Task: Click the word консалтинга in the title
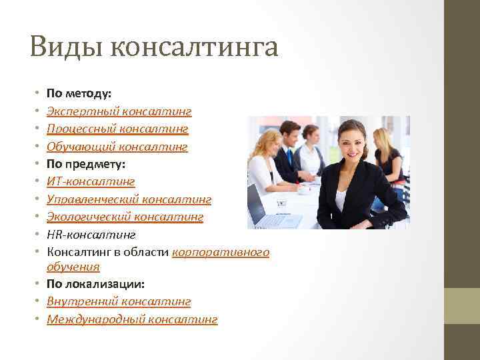click(x=193, y=47)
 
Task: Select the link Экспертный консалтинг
click(x=119, y=111)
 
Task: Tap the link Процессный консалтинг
click(x=117, y=128)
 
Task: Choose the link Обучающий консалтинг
click(x=117, y=146)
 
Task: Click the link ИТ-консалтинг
click(x=91, y=181)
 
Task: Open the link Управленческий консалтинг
click(x=129, y=199)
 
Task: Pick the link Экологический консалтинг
click(x=125, y=217)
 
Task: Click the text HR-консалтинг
click(x=91, y=234)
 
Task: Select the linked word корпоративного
click(x=221, y=252)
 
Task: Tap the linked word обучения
click(x=73, y=267)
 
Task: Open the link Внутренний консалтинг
click(x=119, y=302)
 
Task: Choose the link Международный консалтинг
click(x=132, y=319)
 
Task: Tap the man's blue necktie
click(x=291, y=159)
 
